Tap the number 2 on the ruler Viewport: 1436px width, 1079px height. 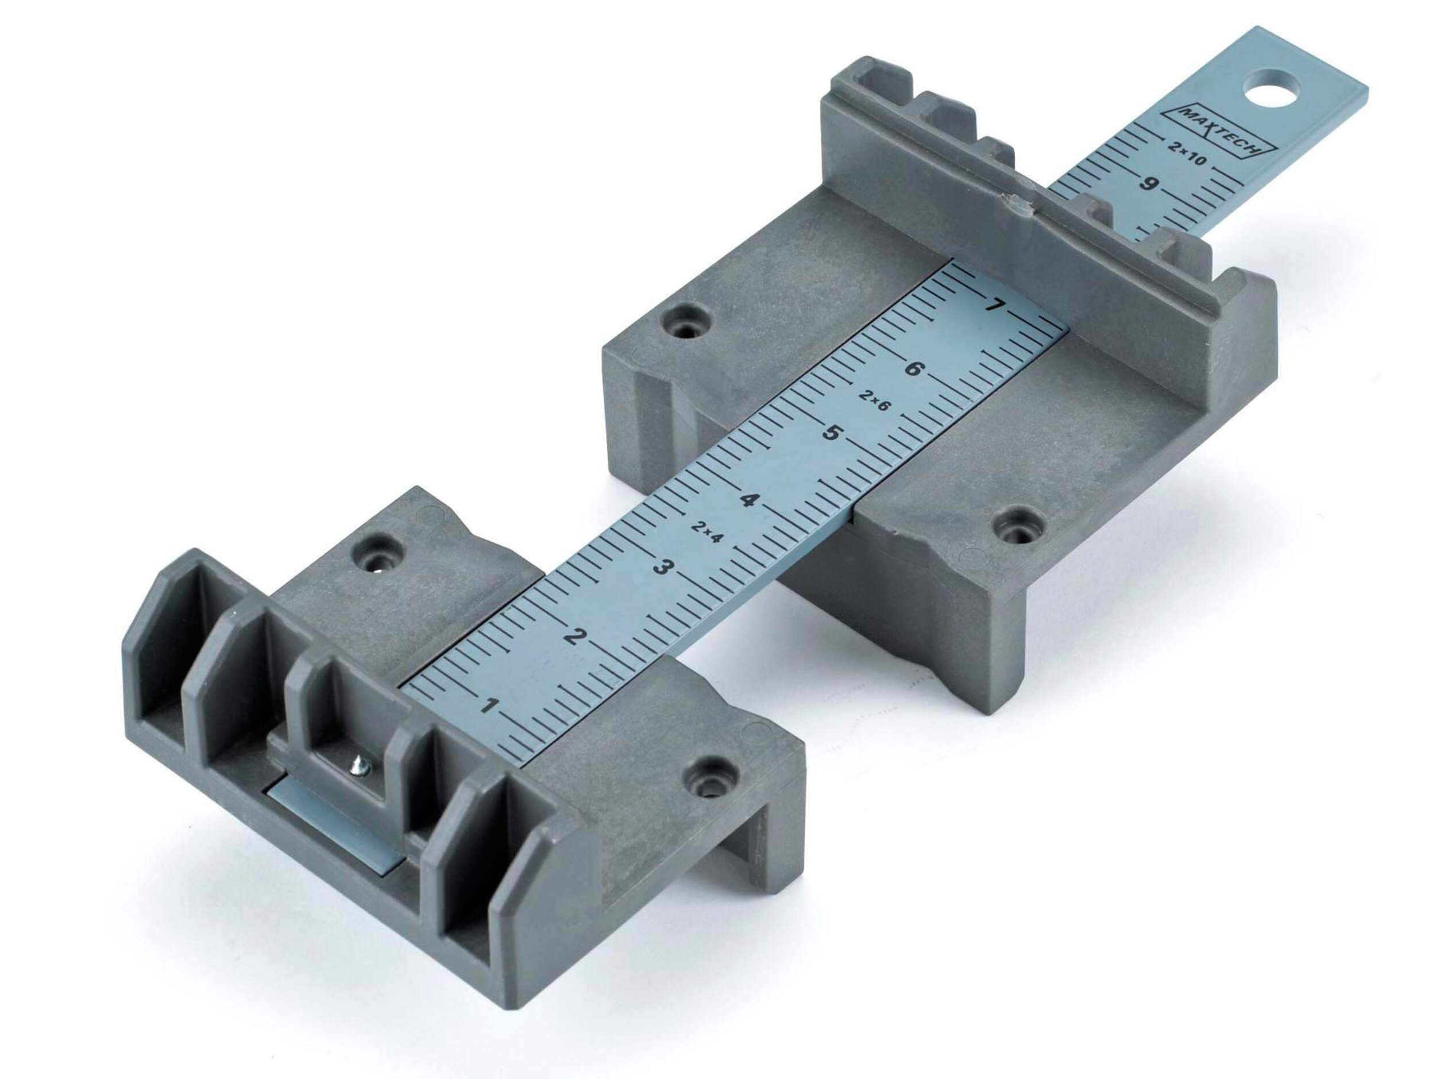572,636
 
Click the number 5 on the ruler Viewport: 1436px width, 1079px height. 831,433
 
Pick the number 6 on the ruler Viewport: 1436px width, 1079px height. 912,370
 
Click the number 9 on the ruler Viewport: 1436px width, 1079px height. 1147,184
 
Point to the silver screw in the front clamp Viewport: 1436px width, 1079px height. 359,769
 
